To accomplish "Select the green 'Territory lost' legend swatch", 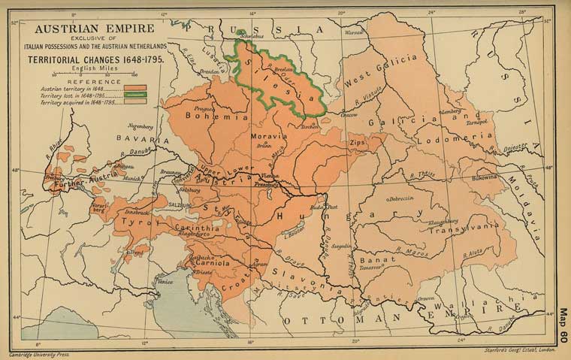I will coord(131,96).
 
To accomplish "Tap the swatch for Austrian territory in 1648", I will coord(131,89).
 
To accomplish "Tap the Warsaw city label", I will coord(353,33).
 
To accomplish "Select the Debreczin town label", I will coord(400,199).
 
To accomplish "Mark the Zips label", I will coord(356,141).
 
